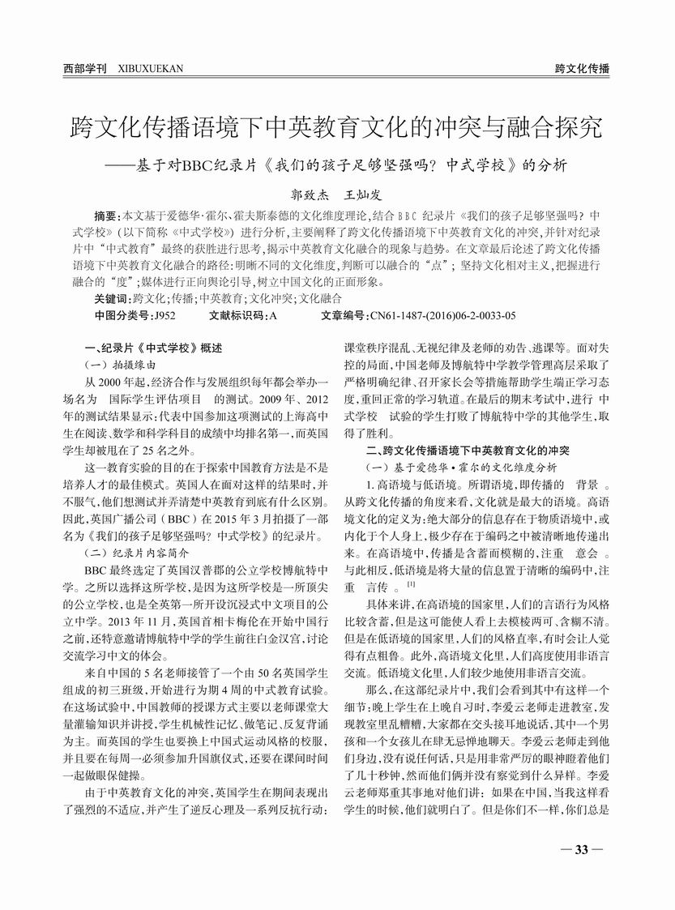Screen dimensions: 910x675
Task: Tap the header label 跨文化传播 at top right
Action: point(582,69)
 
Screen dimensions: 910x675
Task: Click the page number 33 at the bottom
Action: point(581,849)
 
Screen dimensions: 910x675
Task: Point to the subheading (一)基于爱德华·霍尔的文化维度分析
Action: point(462,467)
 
